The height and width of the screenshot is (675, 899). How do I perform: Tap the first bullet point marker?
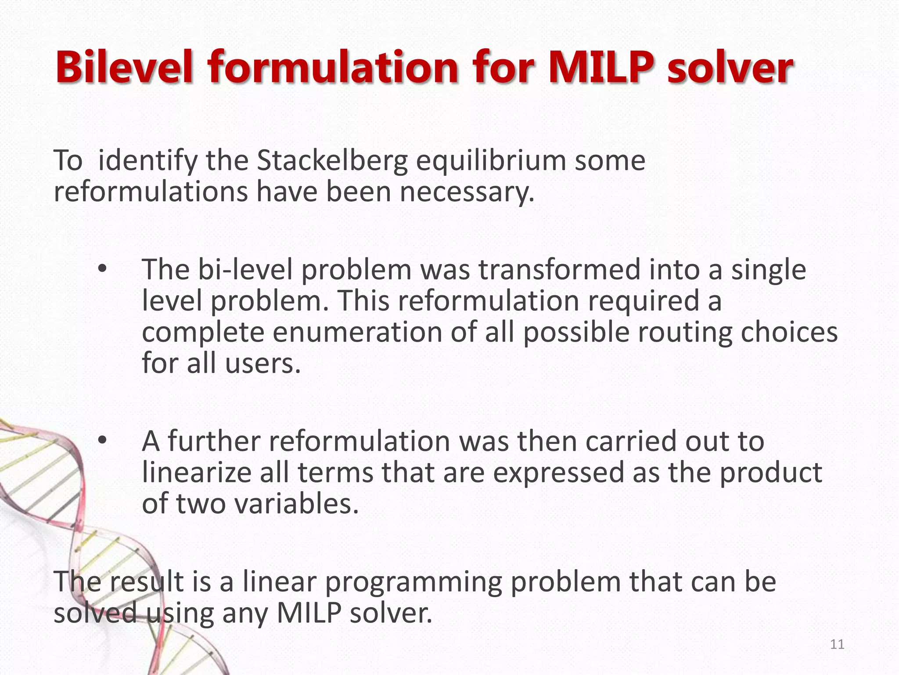pyautogui.click(x=102, y=269)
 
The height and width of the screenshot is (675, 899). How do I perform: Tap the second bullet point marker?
pyautogui.click(x=102, y=441)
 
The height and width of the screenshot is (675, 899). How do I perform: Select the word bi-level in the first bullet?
pyautogui.click(x=245, y=269)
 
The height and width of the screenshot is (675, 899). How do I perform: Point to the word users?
pyautogui.click(x=263, y=363)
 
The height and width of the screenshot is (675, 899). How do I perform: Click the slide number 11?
pyautogui.click(x=837, y=645)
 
